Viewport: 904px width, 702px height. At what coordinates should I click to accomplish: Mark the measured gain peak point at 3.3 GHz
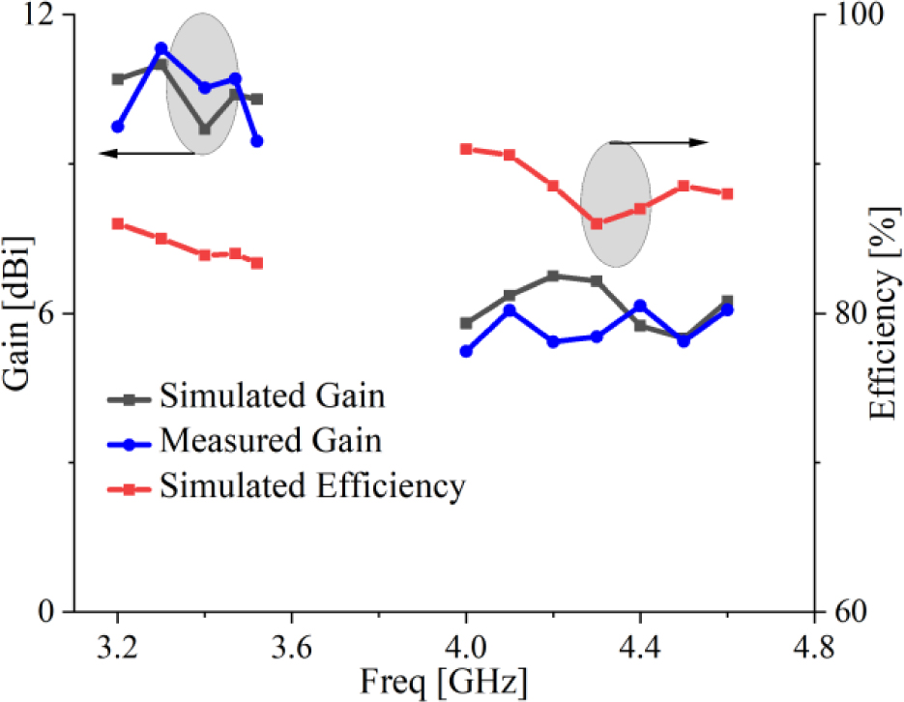[x=161, y=48]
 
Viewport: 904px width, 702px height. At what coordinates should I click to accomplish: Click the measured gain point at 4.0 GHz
[x=466, y=351]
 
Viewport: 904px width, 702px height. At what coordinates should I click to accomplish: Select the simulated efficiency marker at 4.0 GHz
[x=466, y=149]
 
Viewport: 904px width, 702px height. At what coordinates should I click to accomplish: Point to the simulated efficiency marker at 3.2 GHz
[x=118, y=223]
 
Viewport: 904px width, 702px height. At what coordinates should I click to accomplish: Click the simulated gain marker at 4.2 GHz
[x=553, y=276]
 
